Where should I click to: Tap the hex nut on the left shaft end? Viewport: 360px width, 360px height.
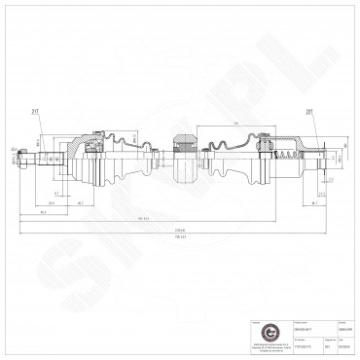click(21, 162)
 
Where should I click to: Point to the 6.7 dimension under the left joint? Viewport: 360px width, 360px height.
click(58, 194)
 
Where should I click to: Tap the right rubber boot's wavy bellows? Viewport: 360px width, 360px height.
click(234, 153)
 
